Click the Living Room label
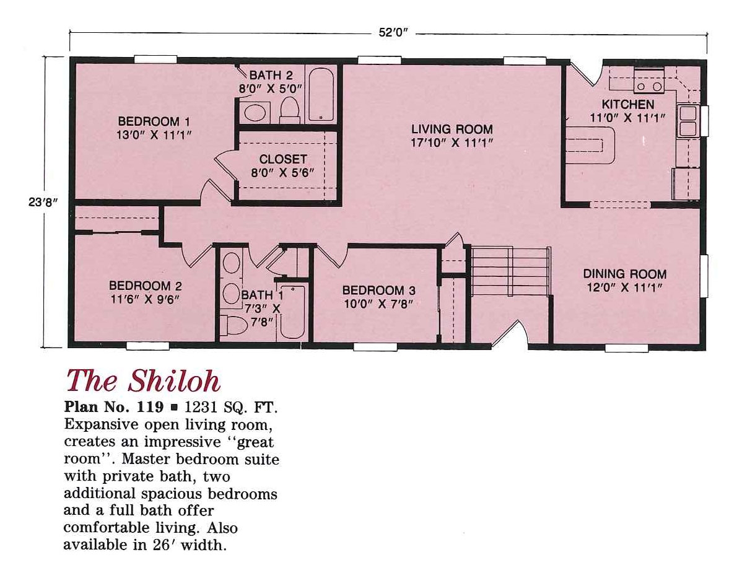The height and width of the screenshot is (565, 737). pos(452,129)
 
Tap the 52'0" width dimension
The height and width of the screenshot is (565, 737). pos(396,33)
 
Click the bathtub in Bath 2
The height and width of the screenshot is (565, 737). pos(321,95)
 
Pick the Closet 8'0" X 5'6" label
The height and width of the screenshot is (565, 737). pos(283,159)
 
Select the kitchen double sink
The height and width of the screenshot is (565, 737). pos(688,121)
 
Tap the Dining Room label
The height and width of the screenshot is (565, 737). pos(624,274)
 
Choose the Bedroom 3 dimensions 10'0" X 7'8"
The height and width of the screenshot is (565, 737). pos(378,304)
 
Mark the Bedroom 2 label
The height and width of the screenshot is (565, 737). pos(145,286)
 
